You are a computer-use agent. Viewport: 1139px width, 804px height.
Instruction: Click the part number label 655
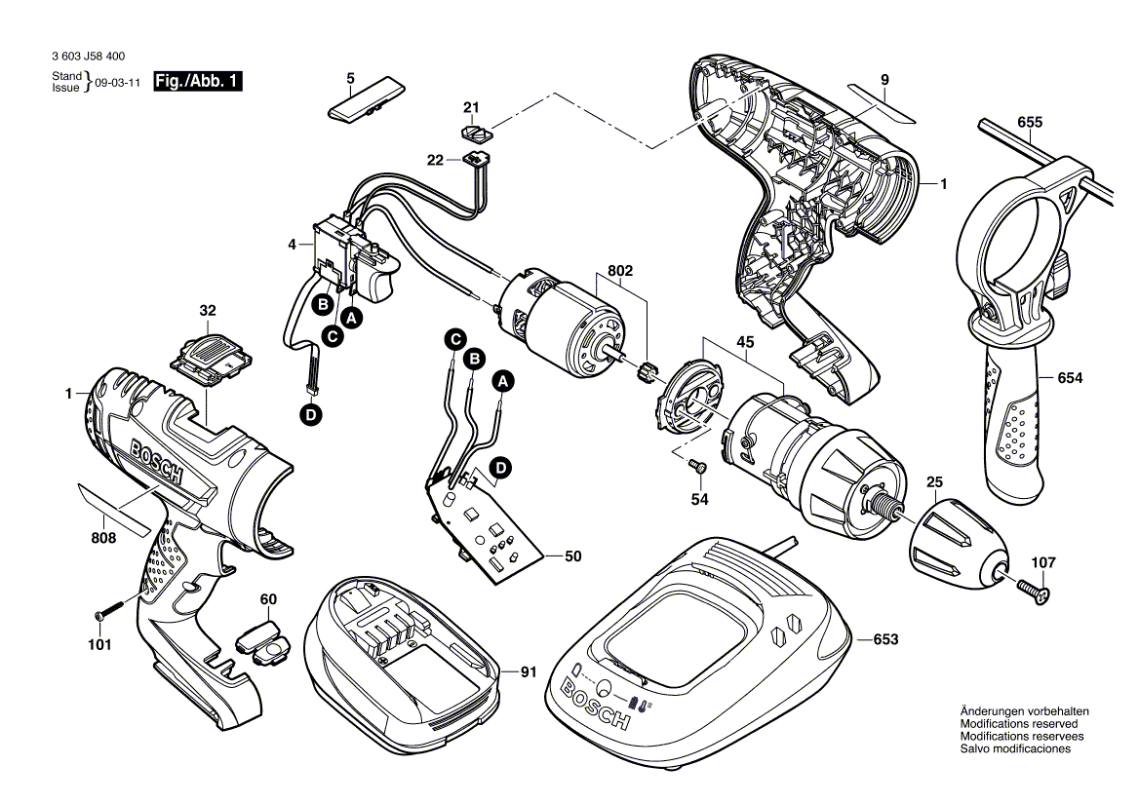pos(1029,122)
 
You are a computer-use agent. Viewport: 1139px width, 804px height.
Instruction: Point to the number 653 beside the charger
pos(885,639)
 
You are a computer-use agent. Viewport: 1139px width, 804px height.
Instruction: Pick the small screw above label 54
pos(696,468)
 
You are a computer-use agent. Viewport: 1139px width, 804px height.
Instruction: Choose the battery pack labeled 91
pos(405,648)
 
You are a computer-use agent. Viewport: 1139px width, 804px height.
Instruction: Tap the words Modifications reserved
pos(1018,724)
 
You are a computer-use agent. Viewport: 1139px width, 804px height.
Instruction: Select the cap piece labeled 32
pos(209,355)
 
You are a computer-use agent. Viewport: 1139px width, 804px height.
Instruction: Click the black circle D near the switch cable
pos(310,415)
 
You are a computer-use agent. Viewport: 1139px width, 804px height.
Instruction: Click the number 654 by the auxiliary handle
pos(1071,377)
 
